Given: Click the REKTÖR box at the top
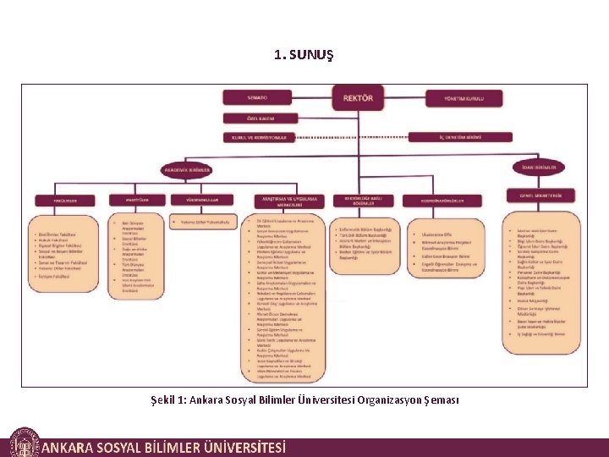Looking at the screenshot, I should [x=357, y=97].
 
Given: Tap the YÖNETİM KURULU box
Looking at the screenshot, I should [x=464, y=98].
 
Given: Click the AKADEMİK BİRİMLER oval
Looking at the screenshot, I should [x=186, y=169].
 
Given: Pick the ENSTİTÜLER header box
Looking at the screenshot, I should [x=137, y=200].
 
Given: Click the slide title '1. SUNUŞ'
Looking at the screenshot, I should [x=304, y=55].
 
